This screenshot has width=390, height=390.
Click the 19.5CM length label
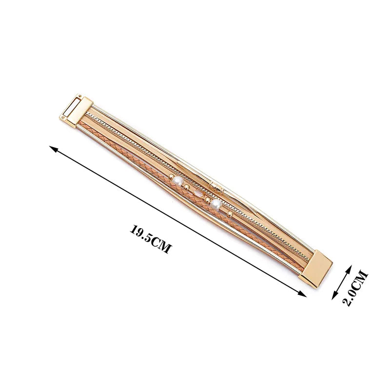[x=151, y=239]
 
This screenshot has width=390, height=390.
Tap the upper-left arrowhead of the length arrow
[x=54, y=149]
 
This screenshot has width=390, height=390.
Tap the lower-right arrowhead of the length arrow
[x=302, y=294]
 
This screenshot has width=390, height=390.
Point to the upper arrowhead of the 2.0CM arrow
[x=349, y=269]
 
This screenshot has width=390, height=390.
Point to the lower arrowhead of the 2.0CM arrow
[x=335, y=296]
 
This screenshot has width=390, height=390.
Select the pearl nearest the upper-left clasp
[x=178, y=180]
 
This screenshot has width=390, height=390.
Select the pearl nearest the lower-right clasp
[x=215, y=205]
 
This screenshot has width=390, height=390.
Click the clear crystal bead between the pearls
[x=198, y=193]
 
